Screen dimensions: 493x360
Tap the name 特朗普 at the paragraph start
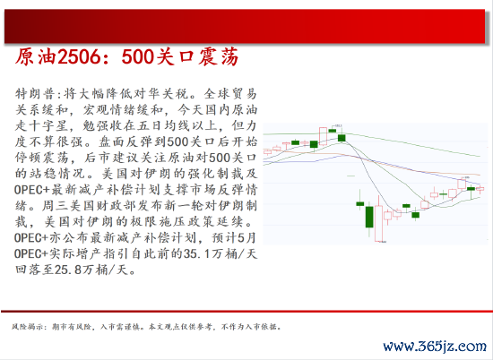pyautogui.click(x=36, y=94)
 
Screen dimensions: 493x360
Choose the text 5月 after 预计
pyautogui.click(x=247, y=238)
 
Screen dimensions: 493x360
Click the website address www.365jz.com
pyautogui.click(x=435, y=347)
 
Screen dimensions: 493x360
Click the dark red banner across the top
pyautogui.click(x=245, y=26)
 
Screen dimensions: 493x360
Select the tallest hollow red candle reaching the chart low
pyautogui.click(x=378, y=223)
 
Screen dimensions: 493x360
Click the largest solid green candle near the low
pyautogui.click(x=369, y=217)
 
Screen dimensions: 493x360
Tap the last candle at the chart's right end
pyautogui.click(x=480, y=188)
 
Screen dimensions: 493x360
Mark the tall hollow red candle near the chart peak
pyautogui.click(x=323, y=136)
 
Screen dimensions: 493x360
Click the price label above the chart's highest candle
pyautogui.click(x=338, y=125)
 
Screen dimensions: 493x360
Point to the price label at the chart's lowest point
pyautogui.click(x=384, y=242)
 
